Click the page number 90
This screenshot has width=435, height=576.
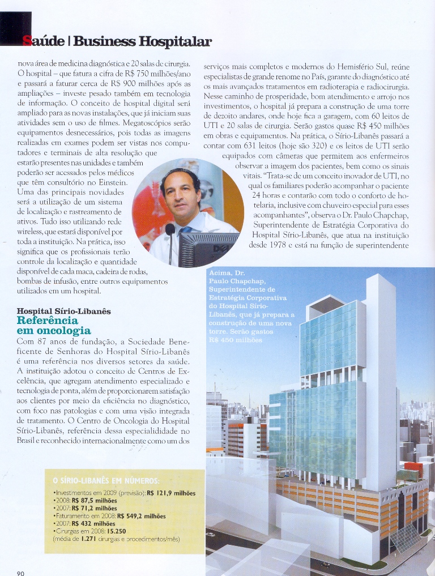(20, 573)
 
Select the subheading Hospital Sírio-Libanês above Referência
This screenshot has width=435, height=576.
(64, 311)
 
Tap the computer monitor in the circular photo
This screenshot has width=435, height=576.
(207, 248)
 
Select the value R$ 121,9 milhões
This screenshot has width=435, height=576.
(179, 493)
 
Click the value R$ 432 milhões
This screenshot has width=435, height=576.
(93, 524)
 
